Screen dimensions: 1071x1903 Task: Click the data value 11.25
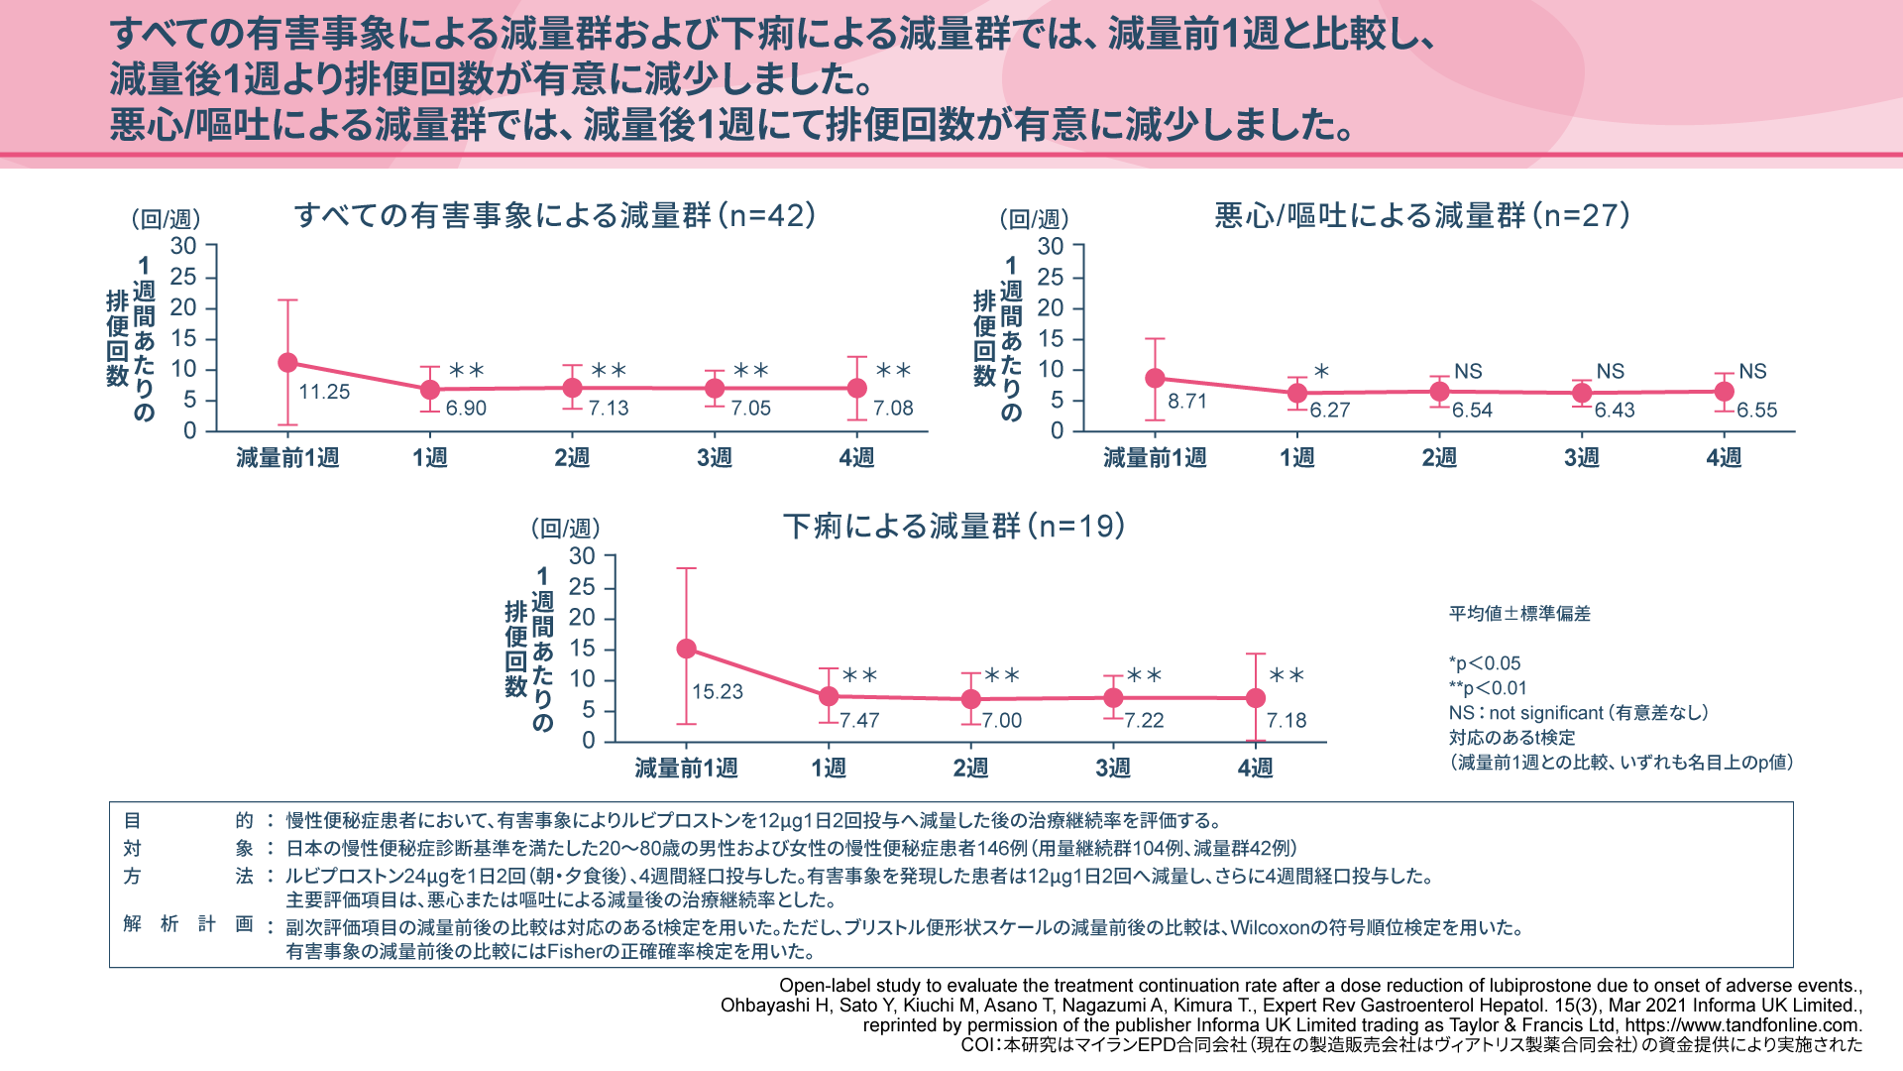click(324, 392)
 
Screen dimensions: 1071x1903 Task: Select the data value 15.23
click(717, 692)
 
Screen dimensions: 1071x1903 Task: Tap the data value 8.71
click(1186, 402)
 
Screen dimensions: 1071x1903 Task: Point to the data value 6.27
click(1329, 411)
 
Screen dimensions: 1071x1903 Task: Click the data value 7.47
click(859, 721)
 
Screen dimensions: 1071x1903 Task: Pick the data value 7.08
click(893, 409)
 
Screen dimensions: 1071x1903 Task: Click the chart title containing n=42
click(555, 216)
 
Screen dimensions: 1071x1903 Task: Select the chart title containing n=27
click(1422, 216)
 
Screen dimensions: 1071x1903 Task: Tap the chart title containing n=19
click(953, 527)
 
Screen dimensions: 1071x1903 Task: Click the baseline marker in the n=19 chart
click(686, 650)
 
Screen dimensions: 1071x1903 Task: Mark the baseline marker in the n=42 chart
click(287, 363)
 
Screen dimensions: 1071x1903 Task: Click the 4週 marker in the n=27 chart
click(1725, 392)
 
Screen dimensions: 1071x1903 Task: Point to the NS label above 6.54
click(1468, 372)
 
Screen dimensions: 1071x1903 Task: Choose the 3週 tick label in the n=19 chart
click(1113, 768)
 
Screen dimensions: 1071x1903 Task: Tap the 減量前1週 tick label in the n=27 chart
click(1155, 458)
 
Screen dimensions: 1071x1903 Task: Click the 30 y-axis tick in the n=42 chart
click(183, 246)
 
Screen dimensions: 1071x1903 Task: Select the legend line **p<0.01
click(1488, 688)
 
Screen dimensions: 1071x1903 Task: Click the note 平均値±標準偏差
click(1519, 614)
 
